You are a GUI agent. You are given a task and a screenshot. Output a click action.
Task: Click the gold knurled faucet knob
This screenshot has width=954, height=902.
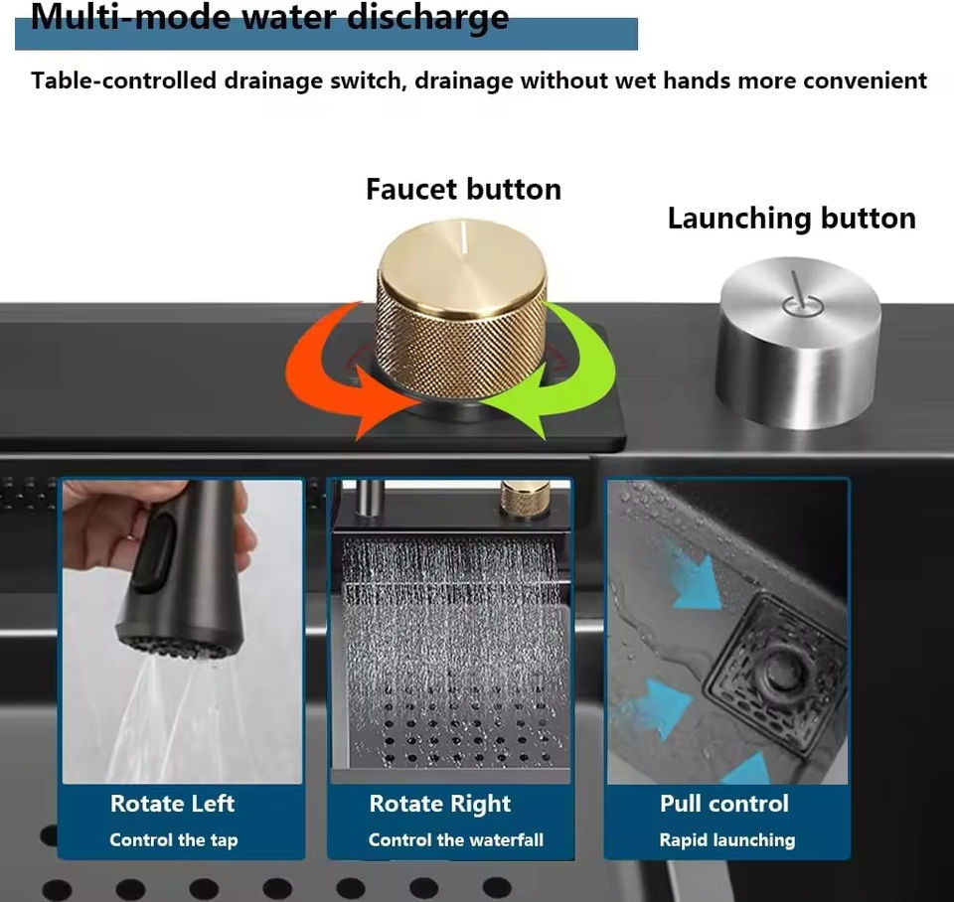point(461,309)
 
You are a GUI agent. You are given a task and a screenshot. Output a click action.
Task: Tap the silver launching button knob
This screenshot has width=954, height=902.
point(799,342)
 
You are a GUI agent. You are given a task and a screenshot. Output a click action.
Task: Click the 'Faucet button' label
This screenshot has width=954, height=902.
point(464,189)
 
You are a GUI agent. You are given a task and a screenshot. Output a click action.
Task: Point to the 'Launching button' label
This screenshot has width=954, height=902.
point(792,219)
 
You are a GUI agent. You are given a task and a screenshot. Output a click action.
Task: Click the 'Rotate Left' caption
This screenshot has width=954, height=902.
point(172,804)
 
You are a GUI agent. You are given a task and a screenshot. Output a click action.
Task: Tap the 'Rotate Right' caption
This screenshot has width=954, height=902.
point(440,804)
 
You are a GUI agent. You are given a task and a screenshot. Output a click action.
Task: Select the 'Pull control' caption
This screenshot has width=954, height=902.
point(724,804)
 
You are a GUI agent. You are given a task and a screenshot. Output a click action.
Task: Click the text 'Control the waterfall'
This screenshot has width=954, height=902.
point(456,840)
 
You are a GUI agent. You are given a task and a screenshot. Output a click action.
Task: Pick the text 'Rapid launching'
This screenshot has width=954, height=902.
point(727,840)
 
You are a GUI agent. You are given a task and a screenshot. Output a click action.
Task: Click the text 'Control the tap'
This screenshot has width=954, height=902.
point(173,840)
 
